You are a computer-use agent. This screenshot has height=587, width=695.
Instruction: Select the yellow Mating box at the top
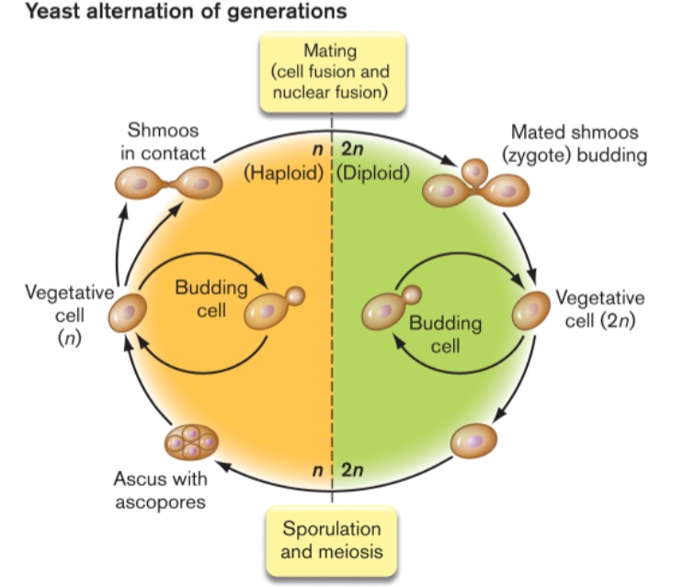pos(331,71)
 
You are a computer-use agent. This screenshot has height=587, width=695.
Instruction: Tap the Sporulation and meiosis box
pos(331,541)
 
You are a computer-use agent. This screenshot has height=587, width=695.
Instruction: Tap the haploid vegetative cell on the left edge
pos(128,313)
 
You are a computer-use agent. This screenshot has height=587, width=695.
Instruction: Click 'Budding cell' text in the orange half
pos(211,297)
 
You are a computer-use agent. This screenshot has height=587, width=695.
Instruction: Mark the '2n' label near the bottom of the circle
pos(352,470)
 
